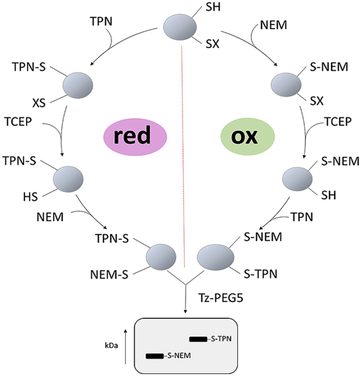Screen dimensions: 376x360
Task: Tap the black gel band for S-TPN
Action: [x=198, y=339]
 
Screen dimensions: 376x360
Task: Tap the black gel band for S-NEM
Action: [x=154, y=356]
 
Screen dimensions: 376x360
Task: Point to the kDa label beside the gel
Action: [x=110, y=344]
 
